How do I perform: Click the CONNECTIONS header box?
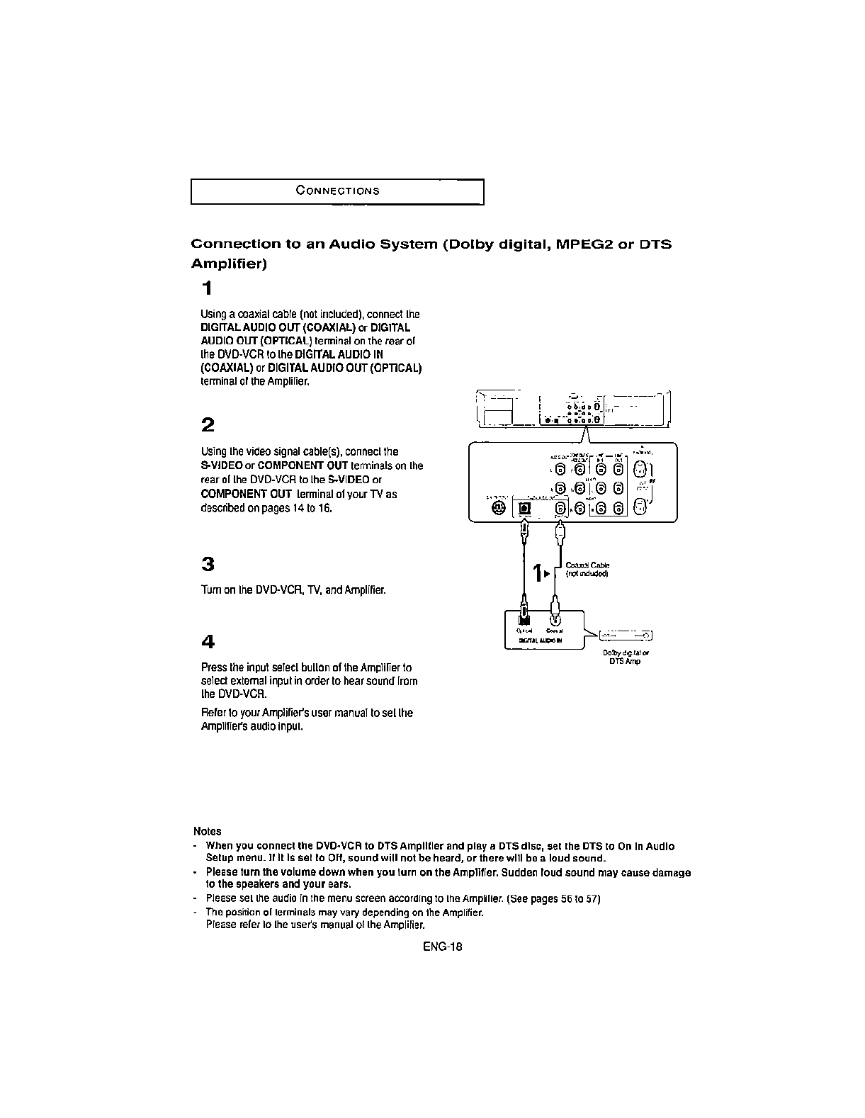(x=337, y=192)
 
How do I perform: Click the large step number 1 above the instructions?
(x=206, y=288)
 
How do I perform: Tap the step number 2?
(x=208, y=425)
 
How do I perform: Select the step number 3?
(x=208, y=565)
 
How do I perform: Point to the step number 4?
(x=208, y=642)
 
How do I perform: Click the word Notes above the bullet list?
(x=207, y=831)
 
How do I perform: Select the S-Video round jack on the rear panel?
(x=498, y=508)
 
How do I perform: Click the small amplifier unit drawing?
(x=626, y=635)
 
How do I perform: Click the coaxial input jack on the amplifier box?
(x=555, y=621)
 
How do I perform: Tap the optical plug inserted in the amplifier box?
(x=524, y=611)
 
